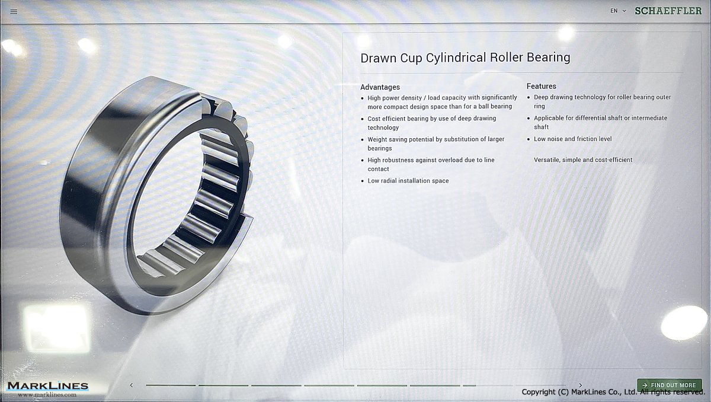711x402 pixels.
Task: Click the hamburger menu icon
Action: click(x=14, y=12)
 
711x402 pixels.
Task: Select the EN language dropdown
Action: click(x=617, y=11)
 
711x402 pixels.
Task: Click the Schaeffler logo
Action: click(x=668, y=11)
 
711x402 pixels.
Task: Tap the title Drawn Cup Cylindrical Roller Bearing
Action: click(x=465, y=58)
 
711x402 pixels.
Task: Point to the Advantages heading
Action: click(x=380, y=87)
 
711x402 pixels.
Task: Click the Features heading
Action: click(x=541, y=86)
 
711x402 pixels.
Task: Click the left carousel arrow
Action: click(x=132, y=385)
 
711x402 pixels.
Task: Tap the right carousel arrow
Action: click(x=581, y=385)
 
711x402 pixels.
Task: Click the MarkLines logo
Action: click(x=48, y=386)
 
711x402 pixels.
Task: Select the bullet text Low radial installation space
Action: click(x=408, y=181)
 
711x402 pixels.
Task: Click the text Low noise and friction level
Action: click(x=572, y=139)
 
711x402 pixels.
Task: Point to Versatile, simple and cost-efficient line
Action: click(x=583, y=159)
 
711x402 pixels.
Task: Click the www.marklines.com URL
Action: click(x=47, y=395)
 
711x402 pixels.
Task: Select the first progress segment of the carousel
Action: click(x=171, y=385)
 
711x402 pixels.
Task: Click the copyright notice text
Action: click(x=613, y=392)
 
